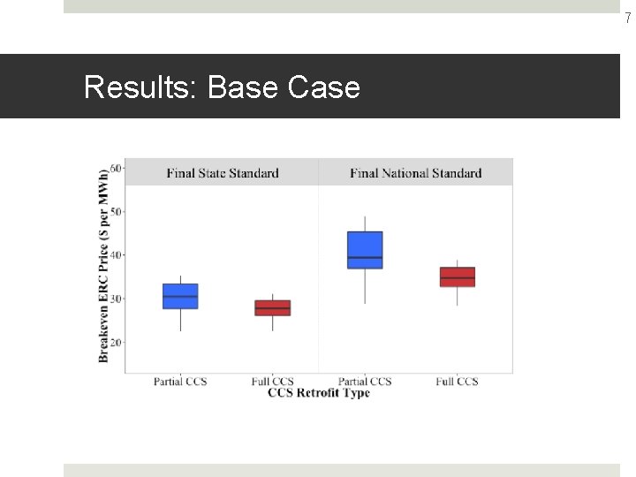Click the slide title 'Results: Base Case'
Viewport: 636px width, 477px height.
(222, 87)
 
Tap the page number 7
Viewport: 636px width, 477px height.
(628, 19)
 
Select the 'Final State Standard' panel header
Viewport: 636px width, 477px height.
(222, 173)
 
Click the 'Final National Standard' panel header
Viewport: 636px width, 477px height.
(415, 173)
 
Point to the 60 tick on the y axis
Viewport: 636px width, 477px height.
(117, 168)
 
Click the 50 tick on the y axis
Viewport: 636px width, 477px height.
(117, 212)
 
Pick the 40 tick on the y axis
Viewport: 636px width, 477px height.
(117, 255)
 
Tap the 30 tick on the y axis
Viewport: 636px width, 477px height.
(117, 299)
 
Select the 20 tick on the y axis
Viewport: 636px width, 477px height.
(117, 342)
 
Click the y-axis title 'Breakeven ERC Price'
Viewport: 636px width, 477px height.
(104, 265)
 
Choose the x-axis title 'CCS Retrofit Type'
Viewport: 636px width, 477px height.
(318, 392)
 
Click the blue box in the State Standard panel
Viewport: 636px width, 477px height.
(180, 296)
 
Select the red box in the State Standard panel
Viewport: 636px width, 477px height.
(272, 307)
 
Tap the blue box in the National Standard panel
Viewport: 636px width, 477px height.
(365, 250)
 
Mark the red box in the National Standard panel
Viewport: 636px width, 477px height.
(457, 276)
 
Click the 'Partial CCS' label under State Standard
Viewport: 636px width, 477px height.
(180, 382)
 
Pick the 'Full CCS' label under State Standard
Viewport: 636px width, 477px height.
(272, 382)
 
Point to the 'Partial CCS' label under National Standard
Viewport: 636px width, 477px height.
(365, 382)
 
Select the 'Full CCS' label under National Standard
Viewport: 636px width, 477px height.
(457, 382)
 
